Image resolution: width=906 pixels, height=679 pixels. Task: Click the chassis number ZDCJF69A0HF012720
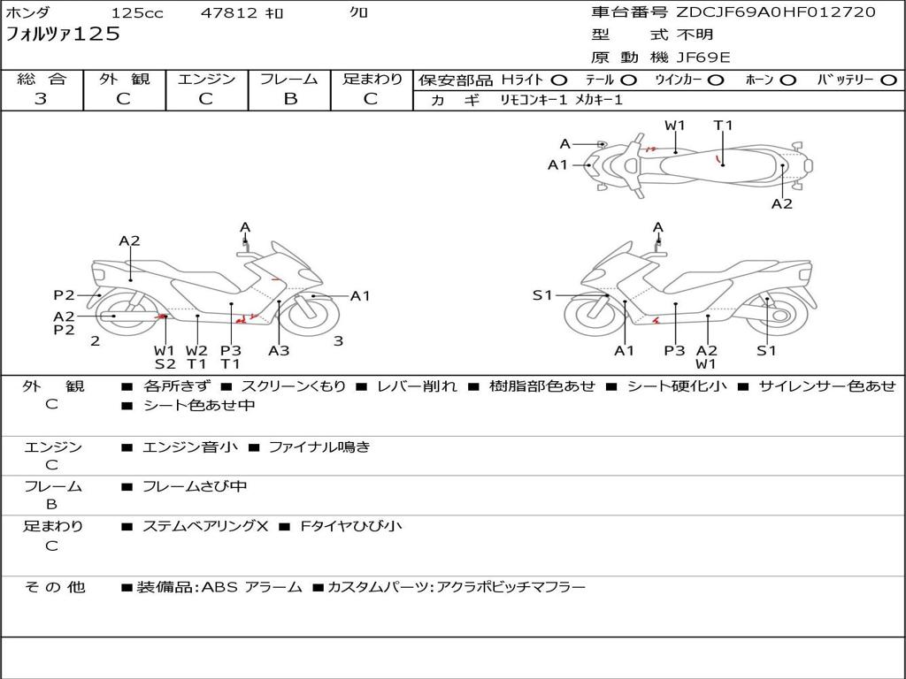coord(775,12)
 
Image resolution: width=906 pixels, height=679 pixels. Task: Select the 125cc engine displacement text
coord(137,13)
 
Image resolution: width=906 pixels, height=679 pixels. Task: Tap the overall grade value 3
coord(41,99)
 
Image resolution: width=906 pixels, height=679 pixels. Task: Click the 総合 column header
coord(41,80)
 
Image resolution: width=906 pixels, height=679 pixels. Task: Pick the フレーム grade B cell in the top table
coord(289,99)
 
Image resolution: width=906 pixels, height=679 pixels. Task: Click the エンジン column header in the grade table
coord(206,80)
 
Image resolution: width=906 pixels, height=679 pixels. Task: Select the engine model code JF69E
coord(703,57)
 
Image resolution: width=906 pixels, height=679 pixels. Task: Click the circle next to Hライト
coord(559,80)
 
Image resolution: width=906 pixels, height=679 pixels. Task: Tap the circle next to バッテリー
coord(889,80)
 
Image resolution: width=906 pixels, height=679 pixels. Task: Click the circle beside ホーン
coord(787,80)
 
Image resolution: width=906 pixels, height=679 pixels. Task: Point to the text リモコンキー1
coord(533,101)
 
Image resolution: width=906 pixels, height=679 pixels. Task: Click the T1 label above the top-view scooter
coord(724,126)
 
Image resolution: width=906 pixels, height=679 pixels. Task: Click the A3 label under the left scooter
coord(279,350)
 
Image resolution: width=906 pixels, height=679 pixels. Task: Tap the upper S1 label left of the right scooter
coord(542,295)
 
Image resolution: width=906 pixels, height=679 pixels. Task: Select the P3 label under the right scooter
coord(674,350)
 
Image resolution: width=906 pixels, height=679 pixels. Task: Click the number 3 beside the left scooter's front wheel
coord(338,341)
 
